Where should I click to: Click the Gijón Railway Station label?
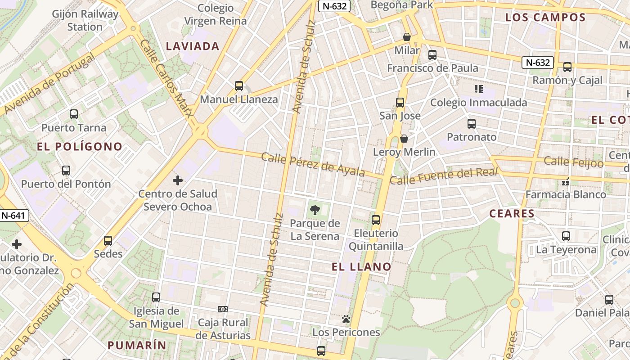point(85,20)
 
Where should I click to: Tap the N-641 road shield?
point(13,216)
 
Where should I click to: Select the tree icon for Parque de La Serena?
point(315,209)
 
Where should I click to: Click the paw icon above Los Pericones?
point(346,319)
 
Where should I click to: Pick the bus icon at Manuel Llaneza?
point(239,85)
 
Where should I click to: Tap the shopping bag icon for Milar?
point(407,37)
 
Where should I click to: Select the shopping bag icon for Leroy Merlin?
point(404,139)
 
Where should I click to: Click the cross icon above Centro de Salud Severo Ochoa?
point(178,181)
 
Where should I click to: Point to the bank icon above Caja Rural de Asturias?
point(223,309)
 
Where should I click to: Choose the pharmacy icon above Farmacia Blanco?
point(566,182)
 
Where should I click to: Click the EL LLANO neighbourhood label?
point(361,267)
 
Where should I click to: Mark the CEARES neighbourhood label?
point(512,214)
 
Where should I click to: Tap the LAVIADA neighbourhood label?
point(193,46)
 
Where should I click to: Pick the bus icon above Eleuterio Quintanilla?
point(376,220)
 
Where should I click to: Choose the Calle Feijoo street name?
point(573,162)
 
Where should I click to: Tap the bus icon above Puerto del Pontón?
point(66,171)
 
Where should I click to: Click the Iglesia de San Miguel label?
point(156,317)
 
